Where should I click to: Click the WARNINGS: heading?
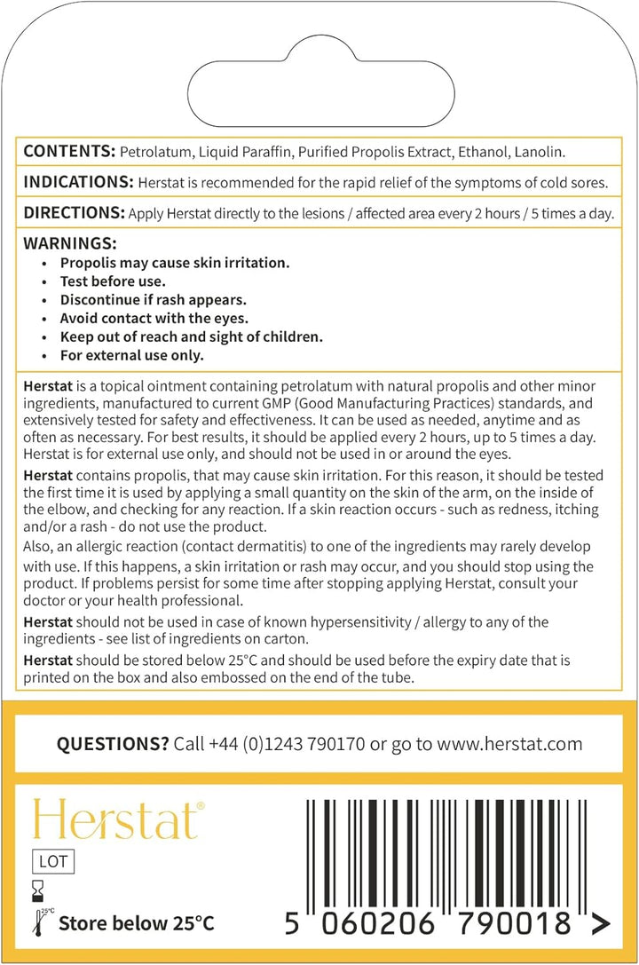coord(69,243)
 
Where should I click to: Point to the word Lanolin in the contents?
coord(540,153)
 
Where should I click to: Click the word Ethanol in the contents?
coord(484,153)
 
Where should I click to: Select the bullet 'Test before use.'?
coord(113,281)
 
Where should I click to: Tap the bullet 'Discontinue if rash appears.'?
coord(153,300)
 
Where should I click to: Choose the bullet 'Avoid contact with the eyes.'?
coord(154,319)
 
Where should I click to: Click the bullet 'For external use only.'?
coord(131,356)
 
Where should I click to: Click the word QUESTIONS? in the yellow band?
coord(113,744)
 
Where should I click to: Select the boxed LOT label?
coord(53,860)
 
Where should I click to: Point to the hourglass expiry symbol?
coord(37,888)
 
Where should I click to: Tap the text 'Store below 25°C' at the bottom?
coord(136,923)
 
